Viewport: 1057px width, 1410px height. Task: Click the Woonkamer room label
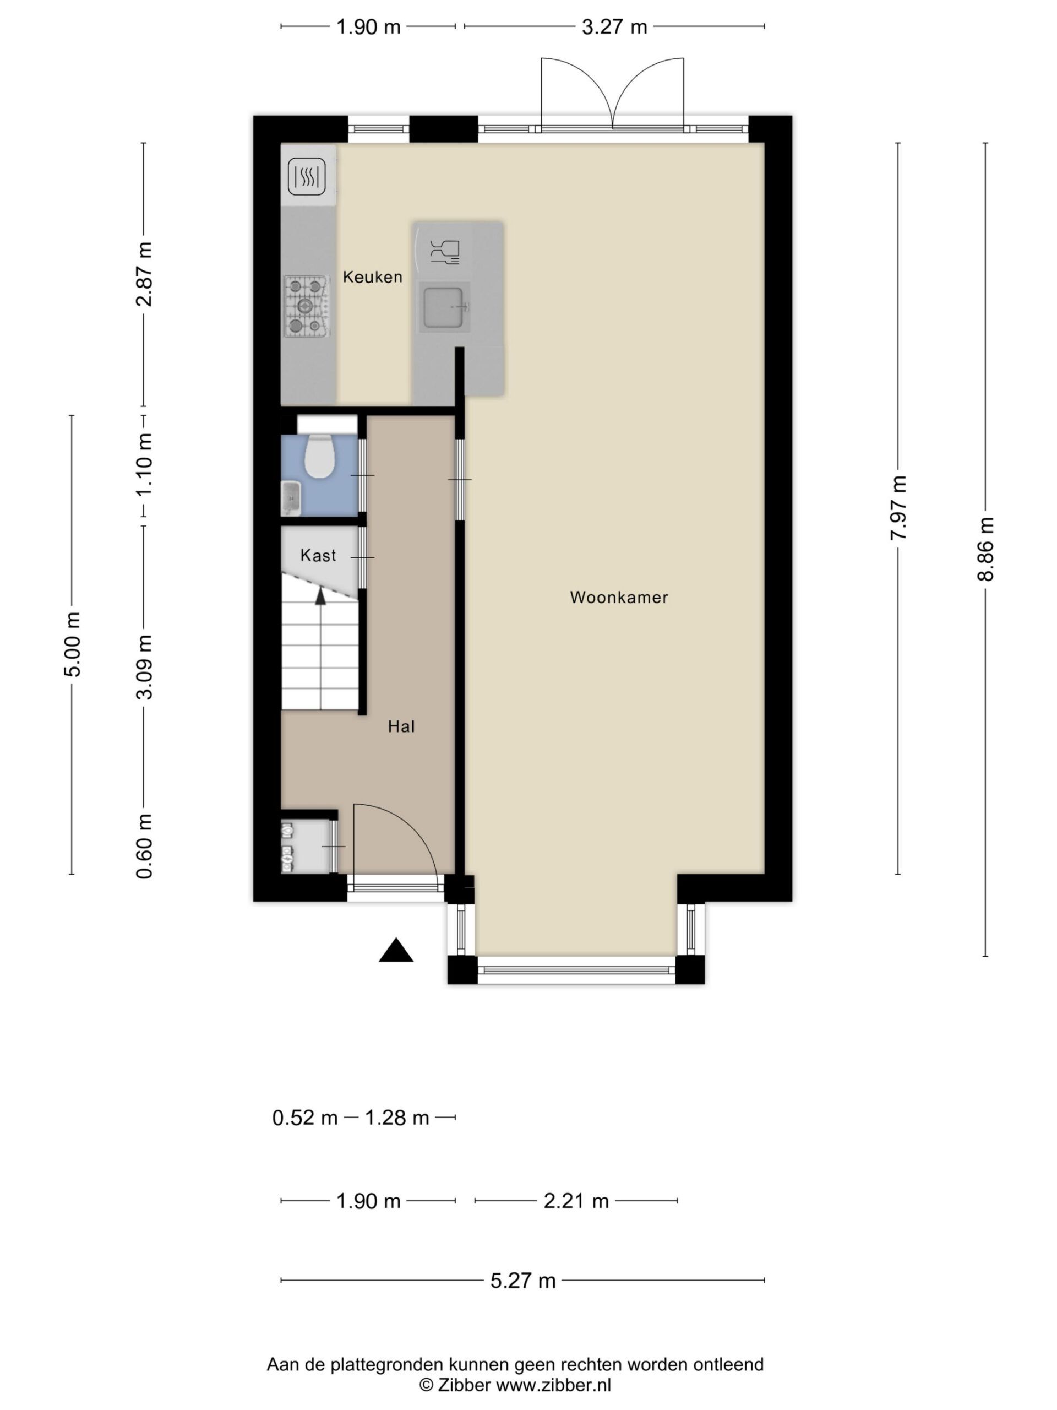pyautogui.click(x=619, y=597)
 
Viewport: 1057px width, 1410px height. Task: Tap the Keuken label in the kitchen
pyautogui.click(x=373, y=276)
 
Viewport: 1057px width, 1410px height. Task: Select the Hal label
pyautogui.click(x=401, y=726)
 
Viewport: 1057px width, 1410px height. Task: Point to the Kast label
pyautogui.click(x=318, y=555)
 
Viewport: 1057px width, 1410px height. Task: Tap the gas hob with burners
pyautogui.click(x=307, y=307)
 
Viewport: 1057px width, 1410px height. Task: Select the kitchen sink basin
pyautogui.click(x=444, y=307)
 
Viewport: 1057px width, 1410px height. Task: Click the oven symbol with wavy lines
pyautogui.click(x=307, y=176)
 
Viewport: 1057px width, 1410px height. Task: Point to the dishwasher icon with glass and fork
pyautogui.click(x=445, y=252)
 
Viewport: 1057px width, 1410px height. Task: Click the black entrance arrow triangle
pyautogui.click(x=396, y=951)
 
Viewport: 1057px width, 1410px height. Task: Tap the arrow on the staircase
pyautogui.click(x=320, y=595)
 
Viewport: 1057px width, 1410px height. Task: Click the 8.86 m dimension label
pyautogui.click(x=985, y=549)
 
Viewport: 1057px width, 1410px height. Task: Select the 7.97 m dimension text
pyautogui.click(x=898, y=508)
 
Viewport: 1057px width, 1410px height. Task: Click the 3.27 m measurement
pyautogui.click(x=614, y=27)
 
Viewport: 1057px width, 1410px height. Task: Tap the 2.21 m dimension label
pyautogui.click(x=576, y=1201)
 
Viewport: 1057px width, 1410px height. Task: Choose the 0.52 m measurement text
pyautogui.click(x=304, y=1118)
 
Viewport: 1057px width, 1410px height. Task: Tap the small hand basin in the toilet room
pyautogui.click(x=291, y=498)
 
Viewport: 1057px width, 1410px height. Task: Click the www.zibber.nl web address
pyautogui.click(x=554, y=1385)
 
